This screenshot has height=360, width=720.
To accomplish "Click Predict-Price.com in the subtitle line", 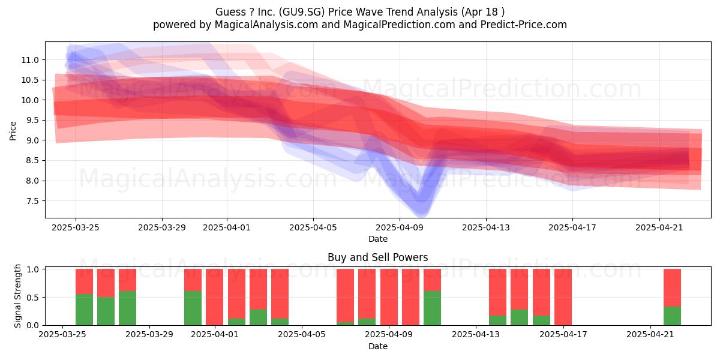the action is [524, 25].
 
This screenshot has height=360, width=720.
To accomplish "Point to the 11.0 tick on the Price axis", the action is [30, 60].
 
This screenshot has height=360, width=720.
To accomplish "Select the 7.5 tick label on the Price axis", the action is [32, 201].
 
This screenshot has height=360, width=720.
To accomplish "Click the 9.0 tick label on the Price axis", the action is [32, 140].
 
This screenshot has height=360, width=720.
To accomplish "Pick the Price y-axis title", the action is [13, 131].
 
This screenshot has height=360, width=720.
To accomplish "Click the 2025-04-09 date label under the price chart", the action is [400, 227].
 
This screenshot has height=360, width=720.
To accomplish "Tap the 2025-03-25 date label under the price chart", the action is [76, 227].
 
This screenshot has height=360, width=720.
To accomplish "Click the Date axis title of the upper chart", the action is [378, 239].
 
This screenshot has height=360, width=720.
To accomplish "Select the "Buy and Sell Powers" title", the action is [377, 257].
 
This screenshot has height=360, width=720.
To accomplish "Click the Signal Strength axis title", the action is [17, 296].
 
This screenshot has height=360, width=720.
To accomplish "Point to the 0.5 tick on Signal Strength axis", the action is [32, 298].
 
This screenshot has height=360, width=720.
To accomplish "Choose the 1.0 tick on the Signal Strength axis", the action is [32, 269].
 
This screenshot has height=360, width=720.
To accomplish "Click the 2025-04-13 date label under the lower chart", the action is [476, 335].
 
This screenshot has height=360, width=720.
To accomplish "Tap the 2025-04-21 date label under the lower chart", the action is [650, 335].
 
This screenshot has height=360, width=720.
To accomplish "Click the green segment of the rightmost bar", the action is [673, 316].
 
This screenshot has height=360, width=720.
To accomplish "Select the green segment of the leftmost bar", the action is [84, 310].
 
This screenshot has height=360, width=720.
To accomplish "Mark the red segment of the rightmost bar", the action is [673, 288].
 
